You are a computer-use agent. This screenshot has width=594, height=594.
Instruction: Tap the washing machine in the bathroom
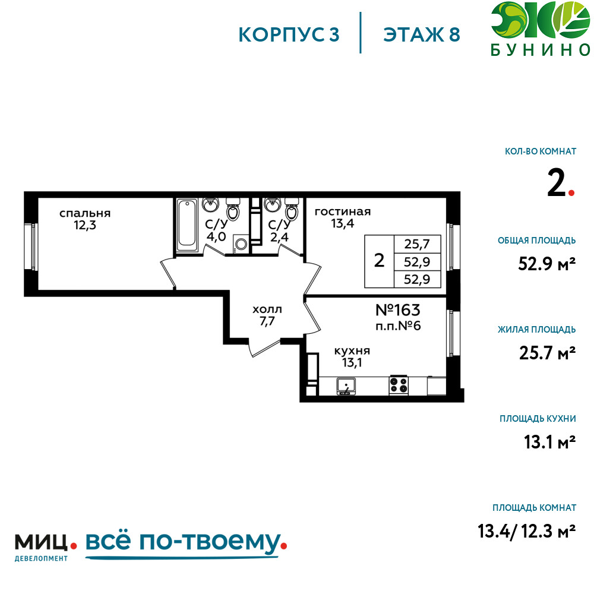point(241,244)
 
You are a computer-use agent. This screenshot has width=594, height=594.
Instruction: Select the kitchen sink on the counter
point(346,386)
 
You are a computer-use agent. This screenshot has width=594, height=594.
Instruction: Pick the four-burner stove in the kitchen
point(399,385)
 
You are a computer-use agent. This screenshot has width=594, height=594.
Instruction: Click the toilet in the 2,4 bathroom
point(291,208)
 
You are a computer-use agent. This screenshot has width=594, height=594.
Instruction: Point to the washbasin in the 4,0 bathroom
point(210,204)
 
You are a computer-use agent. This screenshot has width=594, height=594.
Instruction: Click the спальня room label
point(85,213)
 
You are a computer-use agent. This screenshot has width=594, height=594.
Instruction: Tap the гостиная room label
point(343,211)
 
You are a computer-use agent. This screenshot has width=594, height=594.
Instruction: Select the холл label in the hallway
point(267,309)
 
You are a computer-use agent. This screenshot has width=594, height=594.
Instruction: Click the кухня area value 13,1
point(352,362)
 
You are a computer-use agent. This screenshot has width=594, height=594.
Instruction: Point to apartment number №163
point(398,310)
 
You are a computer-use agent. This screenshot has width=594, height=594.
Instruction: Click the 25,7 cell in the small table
point(417,244)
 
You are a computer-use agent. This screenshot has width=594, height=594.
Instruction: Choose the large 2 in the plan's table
point(379,261)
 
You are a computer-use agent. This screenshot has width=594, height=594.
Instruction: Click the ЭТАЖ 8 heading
point(421,34)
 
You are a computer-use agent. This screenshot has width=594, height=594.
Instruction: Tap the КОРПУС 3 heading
point(289,34)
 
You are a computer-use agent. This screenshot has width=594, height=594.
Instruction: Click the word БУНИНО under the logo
point(541,50)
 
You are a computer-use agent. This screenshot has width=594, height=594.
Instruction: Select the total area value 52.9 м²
point(546,264)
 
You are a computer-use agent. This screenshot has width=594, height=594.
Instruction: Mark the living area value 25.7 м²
point(548,353)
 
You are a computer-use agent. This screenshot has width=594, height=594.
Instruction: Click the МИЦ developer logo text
point(42,542)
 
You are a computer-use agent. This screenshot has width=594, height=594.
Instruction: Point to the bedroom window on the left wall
point(31,247)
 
